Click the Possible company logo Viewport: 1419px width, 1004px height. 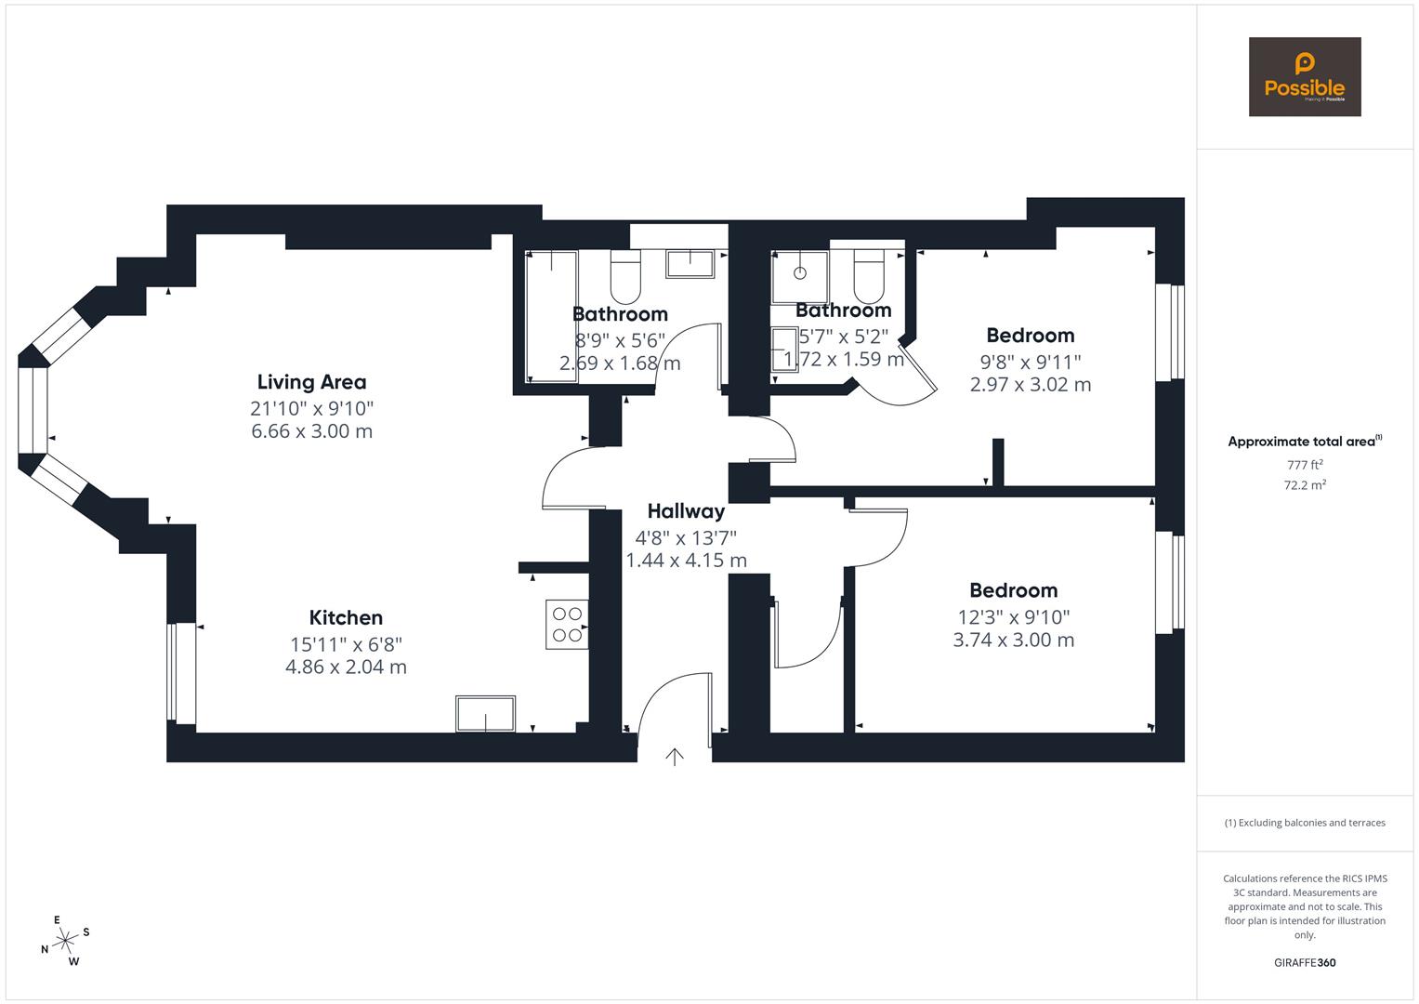[1304, 77]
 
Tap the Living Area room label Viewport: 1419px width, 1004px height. [311, 382]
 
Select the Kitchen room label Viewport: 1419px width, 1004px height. [346, 618]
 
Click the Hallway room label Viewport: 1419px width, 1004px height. [686, 511]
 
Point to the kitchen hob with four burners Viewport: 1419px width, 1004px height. [567, 624]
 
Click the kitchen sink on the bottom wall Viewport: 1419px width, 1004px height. [485, 714]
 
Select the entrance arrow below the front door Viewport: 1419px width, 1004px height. [675, 757]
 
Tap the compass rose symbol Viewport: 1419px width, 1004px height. [65, 941]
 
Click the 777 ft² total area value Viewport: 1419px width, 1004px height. [1305, 465]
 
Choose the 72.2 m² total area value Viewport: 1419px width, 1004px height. [1305, 485]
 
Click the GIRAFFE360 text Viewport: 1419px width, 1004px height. [1305, 963]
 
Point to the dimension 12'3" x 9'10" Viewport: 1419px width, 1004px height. [1014, 616]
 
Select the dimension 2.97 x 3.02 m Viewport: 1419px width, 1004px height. [1030, 385]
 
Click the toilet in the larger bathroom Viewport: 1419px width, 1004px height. [624, 276]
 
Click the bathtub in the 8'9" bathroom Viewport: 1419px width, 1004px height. [551, 316]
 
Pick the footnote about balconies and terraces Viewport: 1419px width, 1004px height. [1305, 823]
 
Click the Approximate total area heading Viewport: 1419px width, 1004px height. [1304, 442]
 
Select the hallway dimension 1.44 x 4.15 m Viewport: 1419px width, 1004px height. [686, 561]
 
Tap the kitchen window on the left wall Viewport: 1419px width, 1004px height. [182, 673]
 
